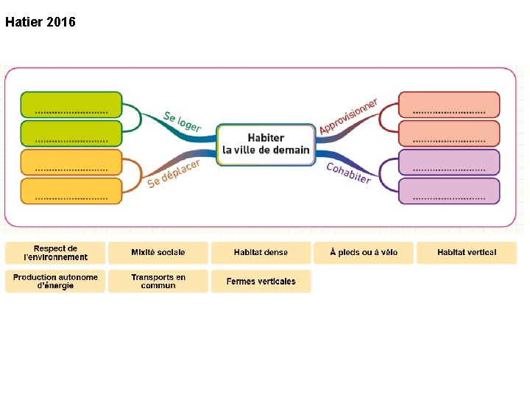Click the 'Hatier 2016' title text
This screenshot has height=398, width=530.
click(x=40, y=22)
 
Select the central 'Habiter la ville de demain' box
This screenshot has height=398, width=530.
click(x=266, y=144)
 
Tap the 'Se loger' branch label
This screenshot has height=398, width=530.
click(x=182, y=122)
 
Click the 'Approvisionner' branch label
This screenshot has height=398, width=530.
click(x=348, y=116)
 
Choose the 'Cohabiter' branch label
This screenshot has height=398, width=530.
click(x=349, y=173)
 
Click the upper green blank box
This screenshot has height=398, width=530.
click(x=71, y=104)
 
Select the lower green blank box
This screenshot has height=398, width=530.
click(x=71, y=133)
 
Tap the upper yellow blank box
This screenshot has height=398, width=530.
click(x=71, y=161)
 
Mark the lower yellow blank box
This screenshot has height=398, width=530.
click(x=71, y=191)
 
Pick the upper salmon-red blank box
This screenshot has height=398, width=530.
click(x=449, y=104)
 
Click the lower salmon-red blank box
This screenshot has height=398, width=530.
click(x=449, y=133)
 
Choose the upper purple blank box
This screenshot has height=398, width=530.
click(x=449, y=161)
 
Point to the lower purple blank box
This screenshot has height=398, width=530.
click(x=449, y=191)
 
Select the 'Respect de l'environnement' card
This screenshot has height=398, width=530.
click(x=55, y=253)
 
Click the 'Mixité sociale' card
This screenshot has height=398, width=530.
click(x=158, y=253)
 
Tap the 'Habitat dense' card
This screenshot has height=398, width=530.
click(x=261, y=253)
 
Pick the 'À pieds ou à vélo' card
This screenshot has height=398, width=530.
click(x=364, y=253)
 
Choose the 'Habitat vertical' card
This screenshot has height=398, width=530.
click(x=467, y=253)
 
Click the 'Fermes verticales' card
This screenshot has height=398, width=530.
click(x=261, y=282)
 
